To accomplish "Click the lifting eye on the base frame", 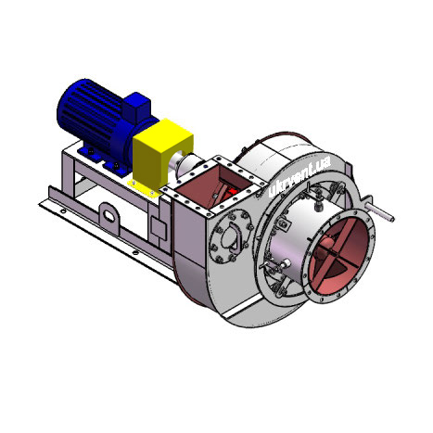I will [109, 215].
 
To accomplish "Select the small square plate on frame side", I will [159, 228].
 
